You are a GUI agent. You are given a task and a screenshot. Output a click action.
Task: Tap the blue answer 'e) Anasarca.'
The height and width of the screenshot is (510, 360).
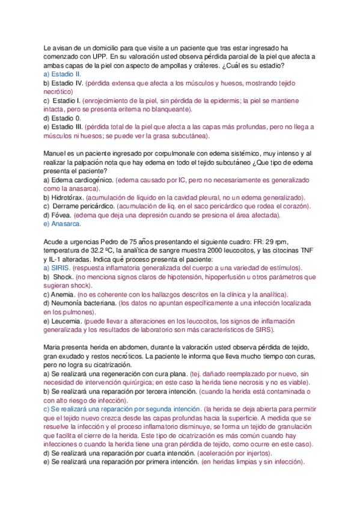[64, 224]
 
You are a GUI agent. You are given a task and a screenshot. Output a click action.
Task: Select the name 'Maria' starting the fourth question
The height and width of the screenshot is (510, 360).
[53, 346]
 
